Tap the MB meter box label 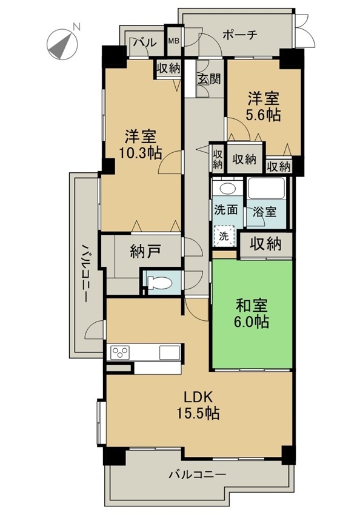click(173, 41)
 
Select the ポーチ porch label click(239, 35)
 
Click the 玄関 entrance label click(208, 79)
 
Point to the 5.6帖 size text click(264, 115)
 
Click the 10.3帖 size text click(140, 153)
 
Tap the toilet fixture click(160, 283)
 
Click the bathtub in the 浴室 click(266, 188)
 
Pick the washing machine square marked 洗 click(224, 236)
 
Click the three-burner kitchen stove click(120, 353)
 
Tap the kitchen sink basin click(170, 353)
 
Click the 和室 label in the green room click(252, 305)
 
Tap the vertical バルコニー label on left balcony click(85, 272)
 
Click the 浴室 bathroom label click(264, 212)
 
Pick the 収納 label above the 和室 click(265, 244)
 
